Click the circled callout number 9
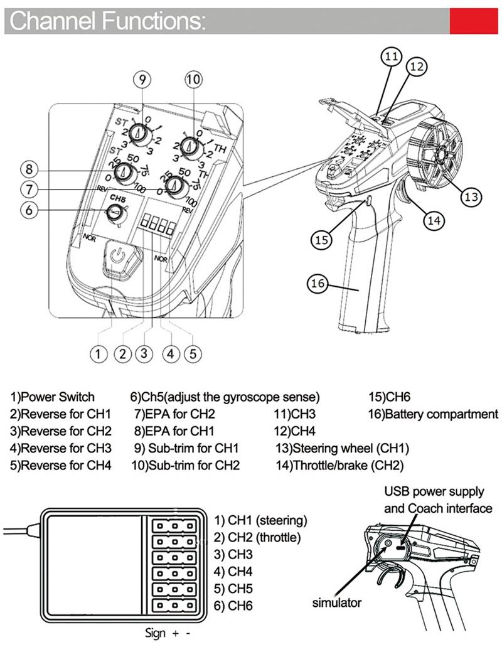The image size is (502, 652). point(142,79)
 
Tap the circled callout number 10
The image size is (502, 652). point(194,79)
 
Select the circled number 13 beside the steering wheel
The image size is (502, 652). point(471,196)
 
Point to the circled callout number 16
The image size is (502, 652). point(318,283)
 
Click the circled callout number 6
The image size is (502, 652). point(29,210)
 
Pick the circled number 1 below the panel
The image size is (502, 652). point(98,353)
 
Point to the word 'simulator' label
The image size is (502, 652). point(337,603)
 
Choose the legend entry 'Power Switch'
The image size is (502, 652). point(52,397)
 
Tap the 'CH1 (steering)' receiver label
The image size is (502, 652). point(261,520)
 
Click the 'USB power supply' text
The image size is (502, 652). point(434,491)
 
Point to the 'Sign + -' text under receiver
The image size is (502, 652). point(167,633)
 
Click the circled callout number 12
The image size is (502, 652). point(417,66)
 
